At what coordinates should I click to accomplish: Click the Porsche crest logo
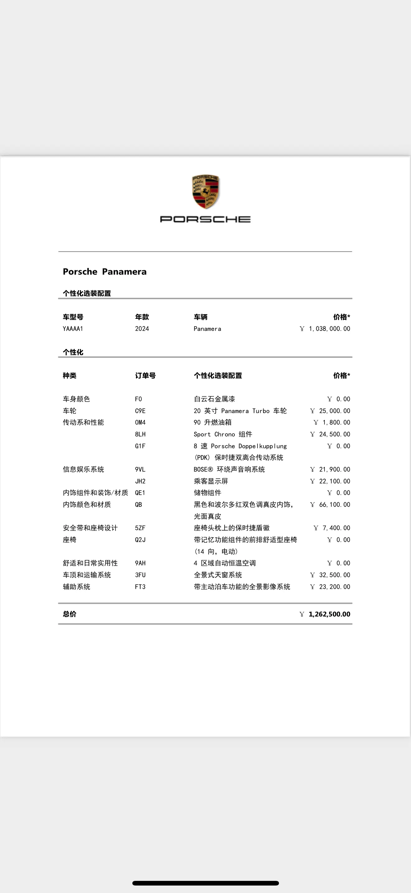(x=205, y=192)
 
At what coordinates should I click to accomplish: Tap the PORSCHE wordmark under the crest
(x=205, y=219)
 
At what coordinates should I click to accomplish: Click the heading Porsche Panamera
(x=105, y=272)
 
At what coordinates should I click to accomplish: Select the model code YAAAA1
(x=73, y=328)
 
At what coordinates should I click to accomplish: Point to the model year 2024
(x=142, y=328)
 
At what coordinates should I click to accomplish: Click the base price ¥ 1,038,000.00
(x=325, y=328)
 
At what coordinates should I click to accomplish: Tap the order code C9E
(x=140, y=411)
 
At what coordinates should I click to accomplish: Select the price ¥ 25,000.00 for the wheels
(x=330, y=411)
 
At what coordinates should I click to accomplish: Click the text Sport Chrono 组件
(x=223, y=434)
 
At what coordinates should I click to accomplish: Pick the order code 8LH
(x=140, y=434)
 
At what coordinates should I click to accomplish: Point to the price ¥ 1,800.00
(x=332, y=422)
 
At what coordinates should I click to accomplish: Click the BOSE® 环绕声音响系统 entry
(x=229, y=469)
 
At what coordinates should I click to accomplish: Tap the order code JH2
(x=140, y=481)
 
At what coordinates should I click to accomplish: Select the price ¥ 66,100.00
(x=330, y=504)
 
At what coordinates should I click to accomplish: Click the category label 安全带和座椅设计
(x=90, y=528)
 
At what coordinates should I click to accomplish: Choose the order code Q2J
(x=140, y=540)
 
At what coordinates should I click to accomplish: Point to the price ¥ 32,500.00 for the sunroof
(x=330, y=575)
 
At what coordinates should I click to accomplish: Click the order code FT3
(x=140, y=587)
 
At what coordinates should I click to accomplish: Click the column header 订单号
(x=145, y=376)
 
